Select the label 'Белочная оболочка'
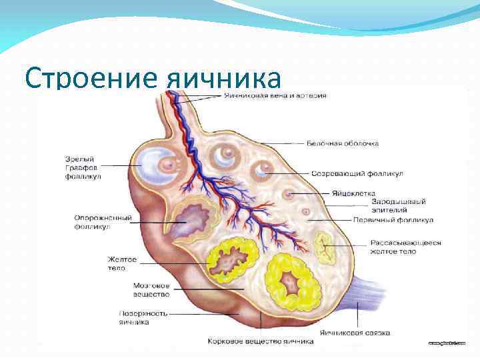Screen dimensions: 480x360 (x=343, y=143)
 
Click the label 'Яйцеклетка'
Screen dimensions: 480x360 (x=353, y=193)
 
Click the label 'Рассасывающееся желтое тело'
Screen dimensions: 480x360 (x=405, y=247)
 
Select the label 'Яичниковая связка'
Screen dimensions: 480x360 (x=355, y=332)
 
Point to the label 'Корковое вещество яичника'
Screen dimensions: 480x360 (x=260, y=341)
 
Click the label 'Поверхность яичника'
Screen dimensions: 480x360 (x=143, y=317)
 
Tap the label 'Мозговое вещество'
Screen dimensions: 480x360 (x=151, y=289)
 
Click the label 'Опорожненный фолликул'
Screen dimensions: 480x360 (x=103, y=222)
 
